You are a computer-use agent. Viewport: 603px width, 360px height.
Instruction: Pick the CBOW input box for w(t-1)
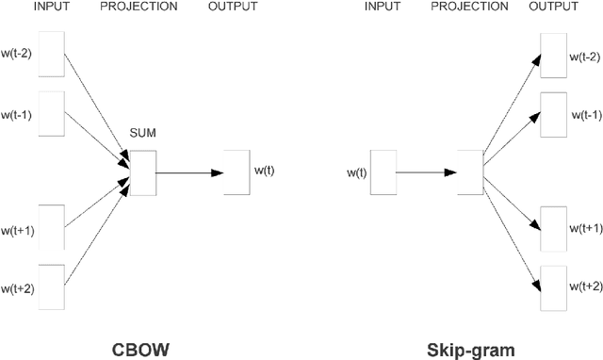pos(51,114)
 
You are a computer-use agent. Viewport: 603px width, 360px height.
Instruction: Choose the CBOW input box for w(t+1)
pos(51,229)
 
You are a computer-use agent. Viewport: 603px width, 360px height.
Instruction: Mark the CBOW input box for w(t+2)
pos(51,287)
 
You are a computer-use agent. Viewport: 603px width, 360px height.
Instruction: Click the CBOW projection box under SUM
pos(143,172)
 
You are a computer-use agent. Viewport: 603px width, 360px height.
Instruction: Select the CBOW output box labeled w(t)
pos(237,172)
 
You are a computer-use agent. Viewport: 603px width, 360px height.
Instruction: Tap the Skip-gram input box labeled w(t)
pos(383,172)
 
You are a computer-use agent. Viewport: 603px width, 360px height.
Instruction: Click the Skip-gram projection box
pos(469,172)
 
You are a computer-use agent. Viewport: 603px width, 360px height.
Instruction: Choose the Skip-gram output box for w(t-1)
pos(553,114)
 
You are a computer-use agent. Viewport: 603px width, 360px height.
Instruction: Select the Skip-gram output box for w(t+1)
pos(553,229)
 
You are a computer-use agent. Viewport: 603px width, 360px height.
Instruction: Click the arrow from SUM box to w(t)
pos(188,172)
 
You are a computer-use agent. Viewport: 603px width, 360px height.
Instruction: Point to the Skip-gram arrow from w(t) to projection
pos(424,172)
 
